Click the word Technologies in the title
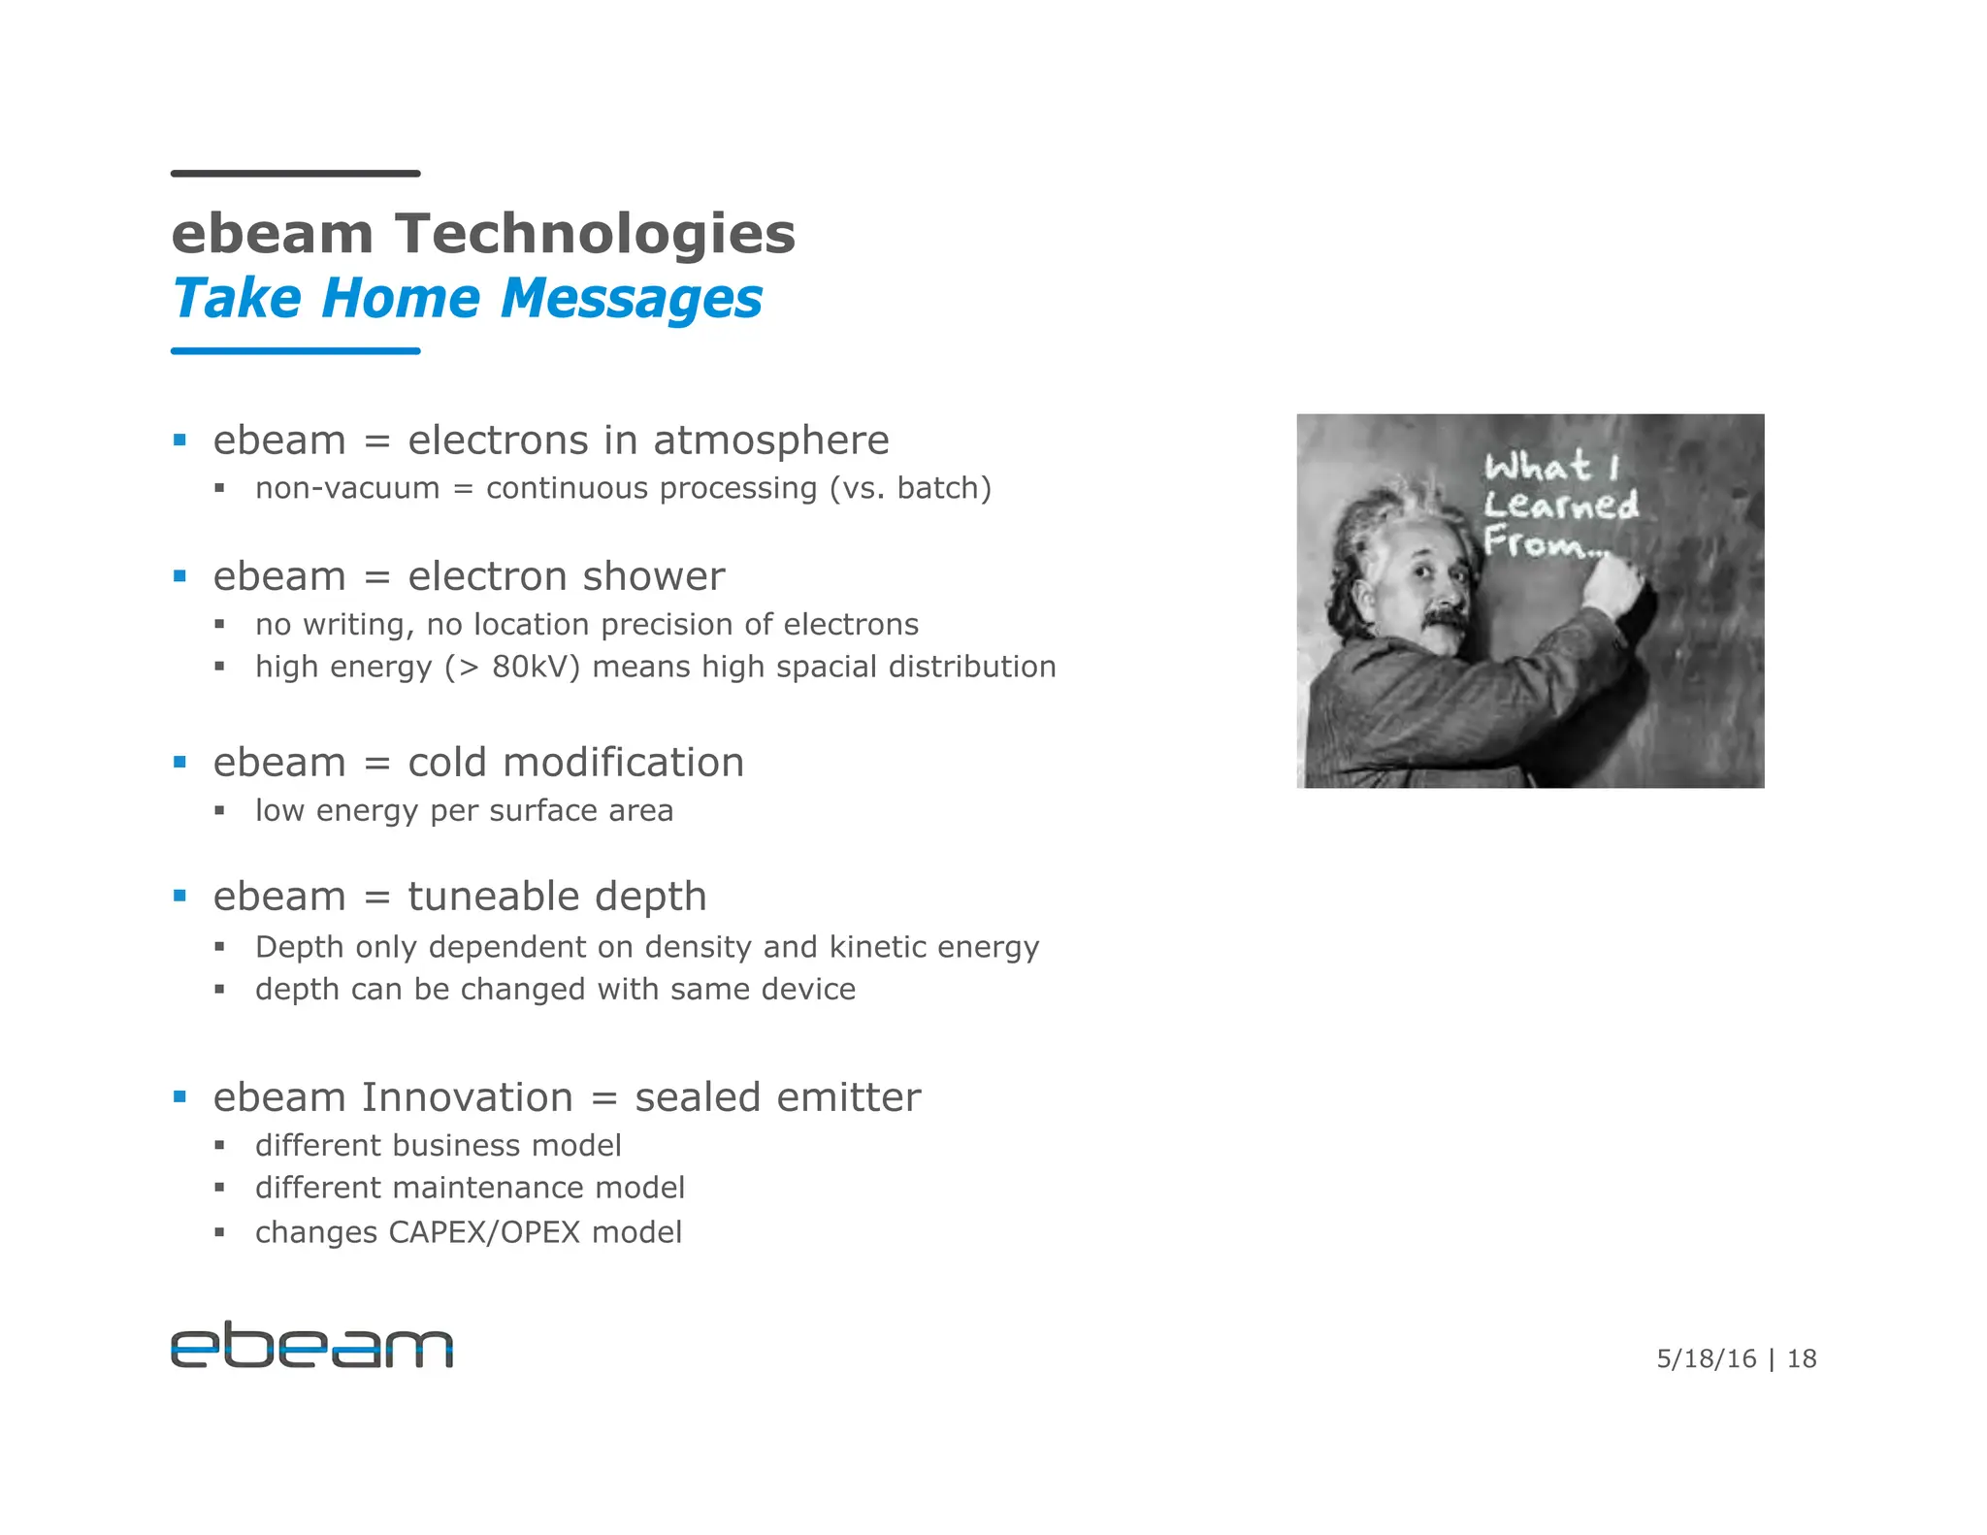(x=595, y=235)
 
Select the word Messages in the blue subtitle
(x=632, y=299)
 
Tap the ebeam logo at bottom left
(x=311, y=1345)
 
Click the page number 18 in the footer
(x=1801, y=1358)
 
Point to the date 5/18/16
(x=1706, y=1358)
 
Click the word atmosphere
(x=770, y=441)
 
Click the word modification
(x=624, y=763)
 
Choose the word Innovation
(x=467, y=1098)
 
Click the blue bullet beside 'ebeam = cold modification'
(x=179, y=763)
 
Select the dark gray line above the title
(x=295, y=174)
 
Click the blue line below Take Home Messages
(x=295, y=350)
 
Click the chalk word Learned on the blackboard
(x=1560, y=505)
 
